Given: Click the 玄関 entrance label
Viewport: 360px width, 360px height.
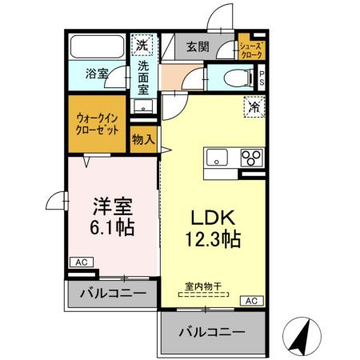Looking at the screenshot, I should click(x=198, y=47).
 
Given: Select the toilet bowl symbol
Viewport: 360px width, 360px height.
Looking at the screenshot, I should click(x=237, y=78).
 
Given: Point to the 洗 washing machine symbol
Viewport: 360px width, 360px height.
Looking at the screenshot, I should click(x=142, y=45).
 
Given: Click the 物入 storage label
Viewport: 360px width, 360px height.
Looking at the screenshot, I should click(x=143, y=140).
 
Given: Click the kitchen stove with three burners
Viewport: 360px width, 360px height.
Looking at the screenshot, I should click(x=251, y=157).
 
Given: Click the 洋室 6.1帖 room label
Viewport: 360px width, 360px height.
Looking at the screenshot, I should click(x=113, y=216).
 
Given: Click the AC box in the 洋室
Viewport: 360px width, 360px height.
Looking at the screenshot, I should click(x=80, y=262).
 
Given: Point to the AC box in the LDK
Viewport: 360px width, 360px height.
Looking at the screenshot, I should click(x=250, y=301).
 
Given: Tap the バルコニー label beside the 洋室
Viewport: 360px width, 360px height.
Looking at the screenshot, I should click(x=112, y=294).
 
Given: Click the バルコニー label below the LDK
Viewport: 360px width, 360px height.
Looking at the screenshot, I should click(x=211, y=330).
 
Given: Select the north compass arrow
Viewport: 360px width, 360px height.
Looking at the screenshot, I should click(x=300, y=336).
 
